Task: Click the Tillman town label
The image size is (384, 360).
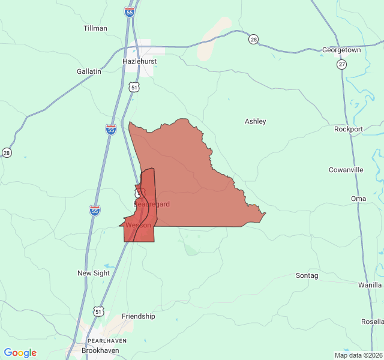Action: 95,28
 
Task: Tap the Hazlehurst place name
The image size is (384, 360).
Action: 139,61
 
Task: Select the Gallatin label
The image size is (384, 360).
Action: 89,71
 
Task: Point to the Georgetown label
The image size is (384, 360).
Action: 341,50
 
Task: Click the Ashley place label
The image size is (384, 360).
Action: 255,121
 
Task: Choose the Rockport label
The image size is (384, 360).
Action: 348,129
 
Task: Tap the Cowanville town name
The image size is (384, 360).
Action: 346,170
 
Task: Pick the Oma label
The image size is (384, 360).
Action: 358,199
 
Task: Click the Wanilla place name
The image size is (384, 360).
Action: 370,284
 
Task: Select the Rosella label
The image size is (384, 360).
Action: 373,321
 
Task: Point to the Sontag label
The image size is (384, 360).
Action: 307,275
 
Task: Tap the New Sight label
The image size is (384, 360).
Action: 94,273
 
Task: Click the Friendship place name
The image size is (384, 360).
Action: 138,316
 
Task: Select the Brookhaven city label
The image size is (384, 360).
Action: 100,350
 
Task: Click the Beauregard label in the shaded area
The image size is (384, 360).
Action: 151,204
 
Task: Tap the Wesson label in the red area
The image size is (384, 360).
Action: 138,225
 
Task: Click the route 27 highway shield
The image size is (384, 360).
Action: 341,64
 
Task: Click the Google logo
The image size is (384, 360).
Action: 20,353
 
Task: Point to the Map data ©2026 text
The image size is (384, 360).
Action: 357,355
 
